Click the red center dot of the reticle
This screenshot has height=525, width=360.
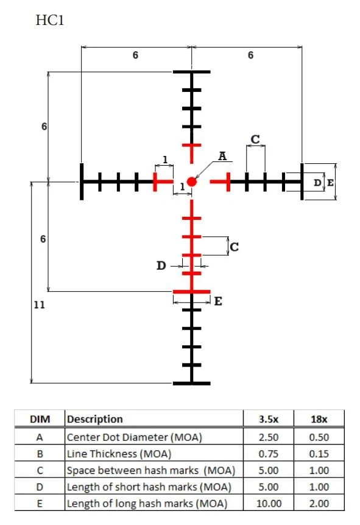point(191,182)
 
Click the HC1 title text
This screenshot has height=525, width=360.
point(49,21)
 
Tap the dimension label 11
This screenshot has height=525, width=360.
point(39,305)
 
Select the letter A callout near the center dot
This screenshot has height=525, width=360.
point(222,156)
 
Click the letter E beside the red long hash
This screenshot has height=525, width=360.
point(218,301)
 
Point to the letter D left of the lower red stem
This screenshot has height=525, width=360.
point(161,266)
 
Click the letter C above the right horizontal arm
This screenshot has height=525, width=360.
point(255,139)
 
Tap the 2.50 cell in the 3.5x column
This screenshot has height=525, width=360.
point(269,437)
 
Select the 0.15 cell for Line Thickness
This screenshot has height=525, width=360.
point(319,454)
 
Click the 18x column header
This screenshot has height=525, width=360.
point(319,419)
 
